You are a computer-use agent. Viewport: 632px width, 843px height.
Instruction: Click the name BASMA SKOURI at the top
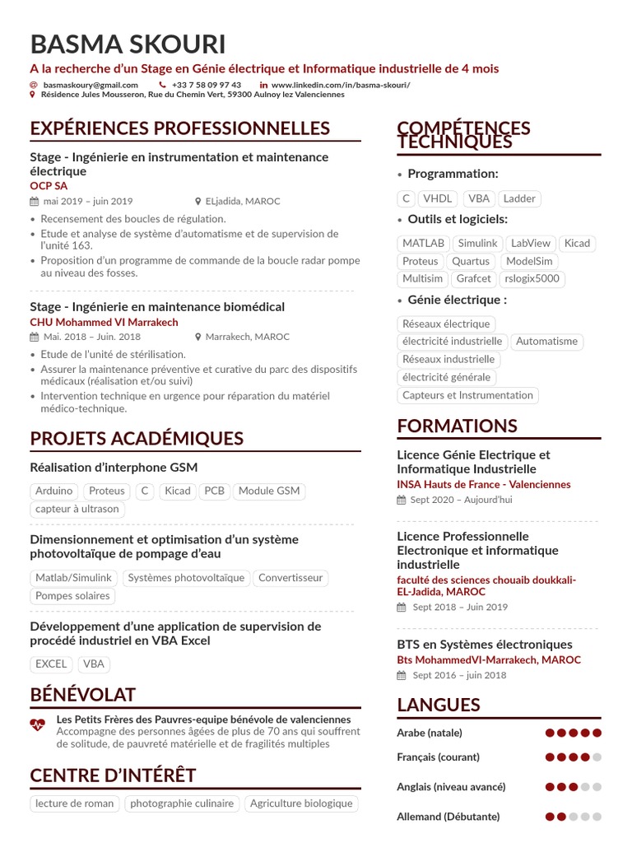(128, 44)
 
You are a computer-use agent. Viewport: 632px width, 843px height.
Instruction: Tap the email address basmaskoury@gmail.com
(91, 85)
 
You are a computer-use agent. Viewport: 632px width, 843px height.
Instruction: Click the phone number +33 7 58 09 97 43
(207, 85)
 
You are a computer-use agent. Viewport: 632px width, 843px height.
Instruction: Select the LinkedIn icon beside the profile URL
(263, 85)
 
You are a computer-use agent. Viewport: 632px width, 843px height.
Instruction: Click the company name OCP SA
(49, 186)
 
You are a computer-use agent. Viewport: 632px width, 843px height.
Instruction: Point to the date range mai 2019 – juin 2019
(88, 201)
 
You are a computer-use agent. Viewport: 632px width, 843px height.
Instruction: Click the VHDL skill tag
(437, 198)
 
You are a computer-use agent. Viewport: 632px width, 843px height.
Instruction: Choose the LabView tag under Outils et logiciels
(530, 244)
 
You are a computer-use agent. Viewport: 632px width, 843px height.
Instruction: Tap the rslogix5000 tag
(532, 279)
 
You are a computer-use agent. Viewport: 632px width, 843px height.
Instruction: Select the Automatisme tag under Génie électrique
(547, 342)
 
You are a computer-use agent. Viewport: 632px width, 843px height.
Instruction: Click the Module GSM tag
(268, 491)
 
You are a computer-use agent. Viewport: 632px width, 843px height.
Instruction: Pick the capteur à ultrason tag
(77, 509)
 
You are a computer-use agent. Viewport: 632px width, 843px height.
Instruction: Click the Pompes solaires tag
(72, 596)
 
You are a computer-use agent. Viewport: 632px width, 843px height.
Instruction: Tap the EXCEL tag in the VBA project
(51, 664)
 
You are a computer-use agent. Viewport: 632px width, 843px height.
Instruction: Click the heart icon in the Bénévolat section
(38, 725)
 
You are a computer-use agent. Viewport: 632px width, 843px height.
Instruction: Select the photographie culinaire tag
(182, 803)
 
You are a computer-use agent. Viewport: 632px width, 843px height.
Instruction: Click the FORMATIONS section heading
(457, 426)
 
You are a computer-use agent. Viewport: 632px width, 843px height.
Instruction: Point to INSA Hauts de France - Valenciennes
(483, 485)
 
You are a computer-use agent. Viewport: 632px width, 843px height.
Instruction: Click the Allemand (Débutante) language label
(448, 817)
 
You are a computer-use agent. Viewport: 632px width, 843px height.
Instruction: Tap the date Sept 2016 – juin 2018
(459, 675)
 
